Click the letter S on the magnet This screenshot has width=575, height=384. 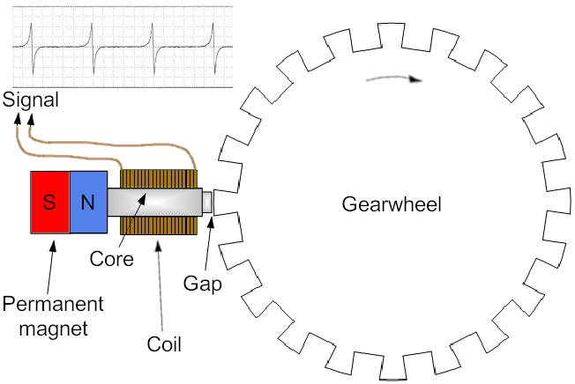coord(49,203)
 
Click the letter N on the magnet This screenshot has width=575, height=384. coord(88,203)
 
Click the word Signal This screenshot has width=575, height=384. coord(31,100)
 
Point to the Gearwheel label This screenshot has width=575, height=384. coord(391,205)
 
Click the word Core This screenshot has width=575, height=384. coord(111,261)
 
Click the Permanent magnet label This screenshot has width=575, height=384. coord(53,314)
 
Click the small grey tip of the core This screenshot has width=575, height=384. coord(208,203)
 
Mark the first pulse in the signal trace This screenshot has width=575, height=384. coord(32,43)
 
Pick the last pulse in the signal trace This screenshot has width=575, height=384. coord(214,43)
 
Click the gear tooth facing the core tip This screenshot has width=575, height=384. coord(228,201)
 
